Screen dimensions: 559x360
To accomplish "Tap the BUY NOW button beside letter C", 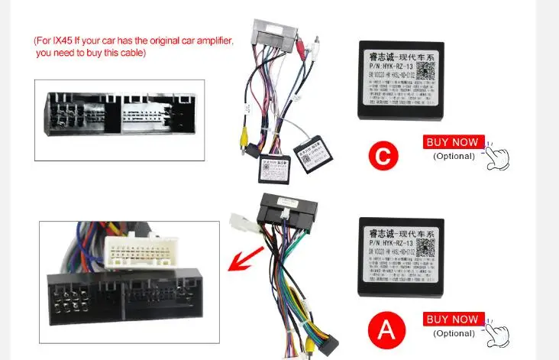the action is [x=454, y=142].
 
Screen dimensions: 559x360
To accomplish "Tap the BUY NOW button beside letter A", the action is [x=454, y=319].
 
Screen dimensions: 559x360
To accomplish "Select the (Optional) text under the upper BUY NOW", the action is [x=454, y=156].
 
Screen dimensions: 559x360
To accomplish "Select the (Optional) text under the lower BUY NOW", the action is [x=454, y=332].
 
